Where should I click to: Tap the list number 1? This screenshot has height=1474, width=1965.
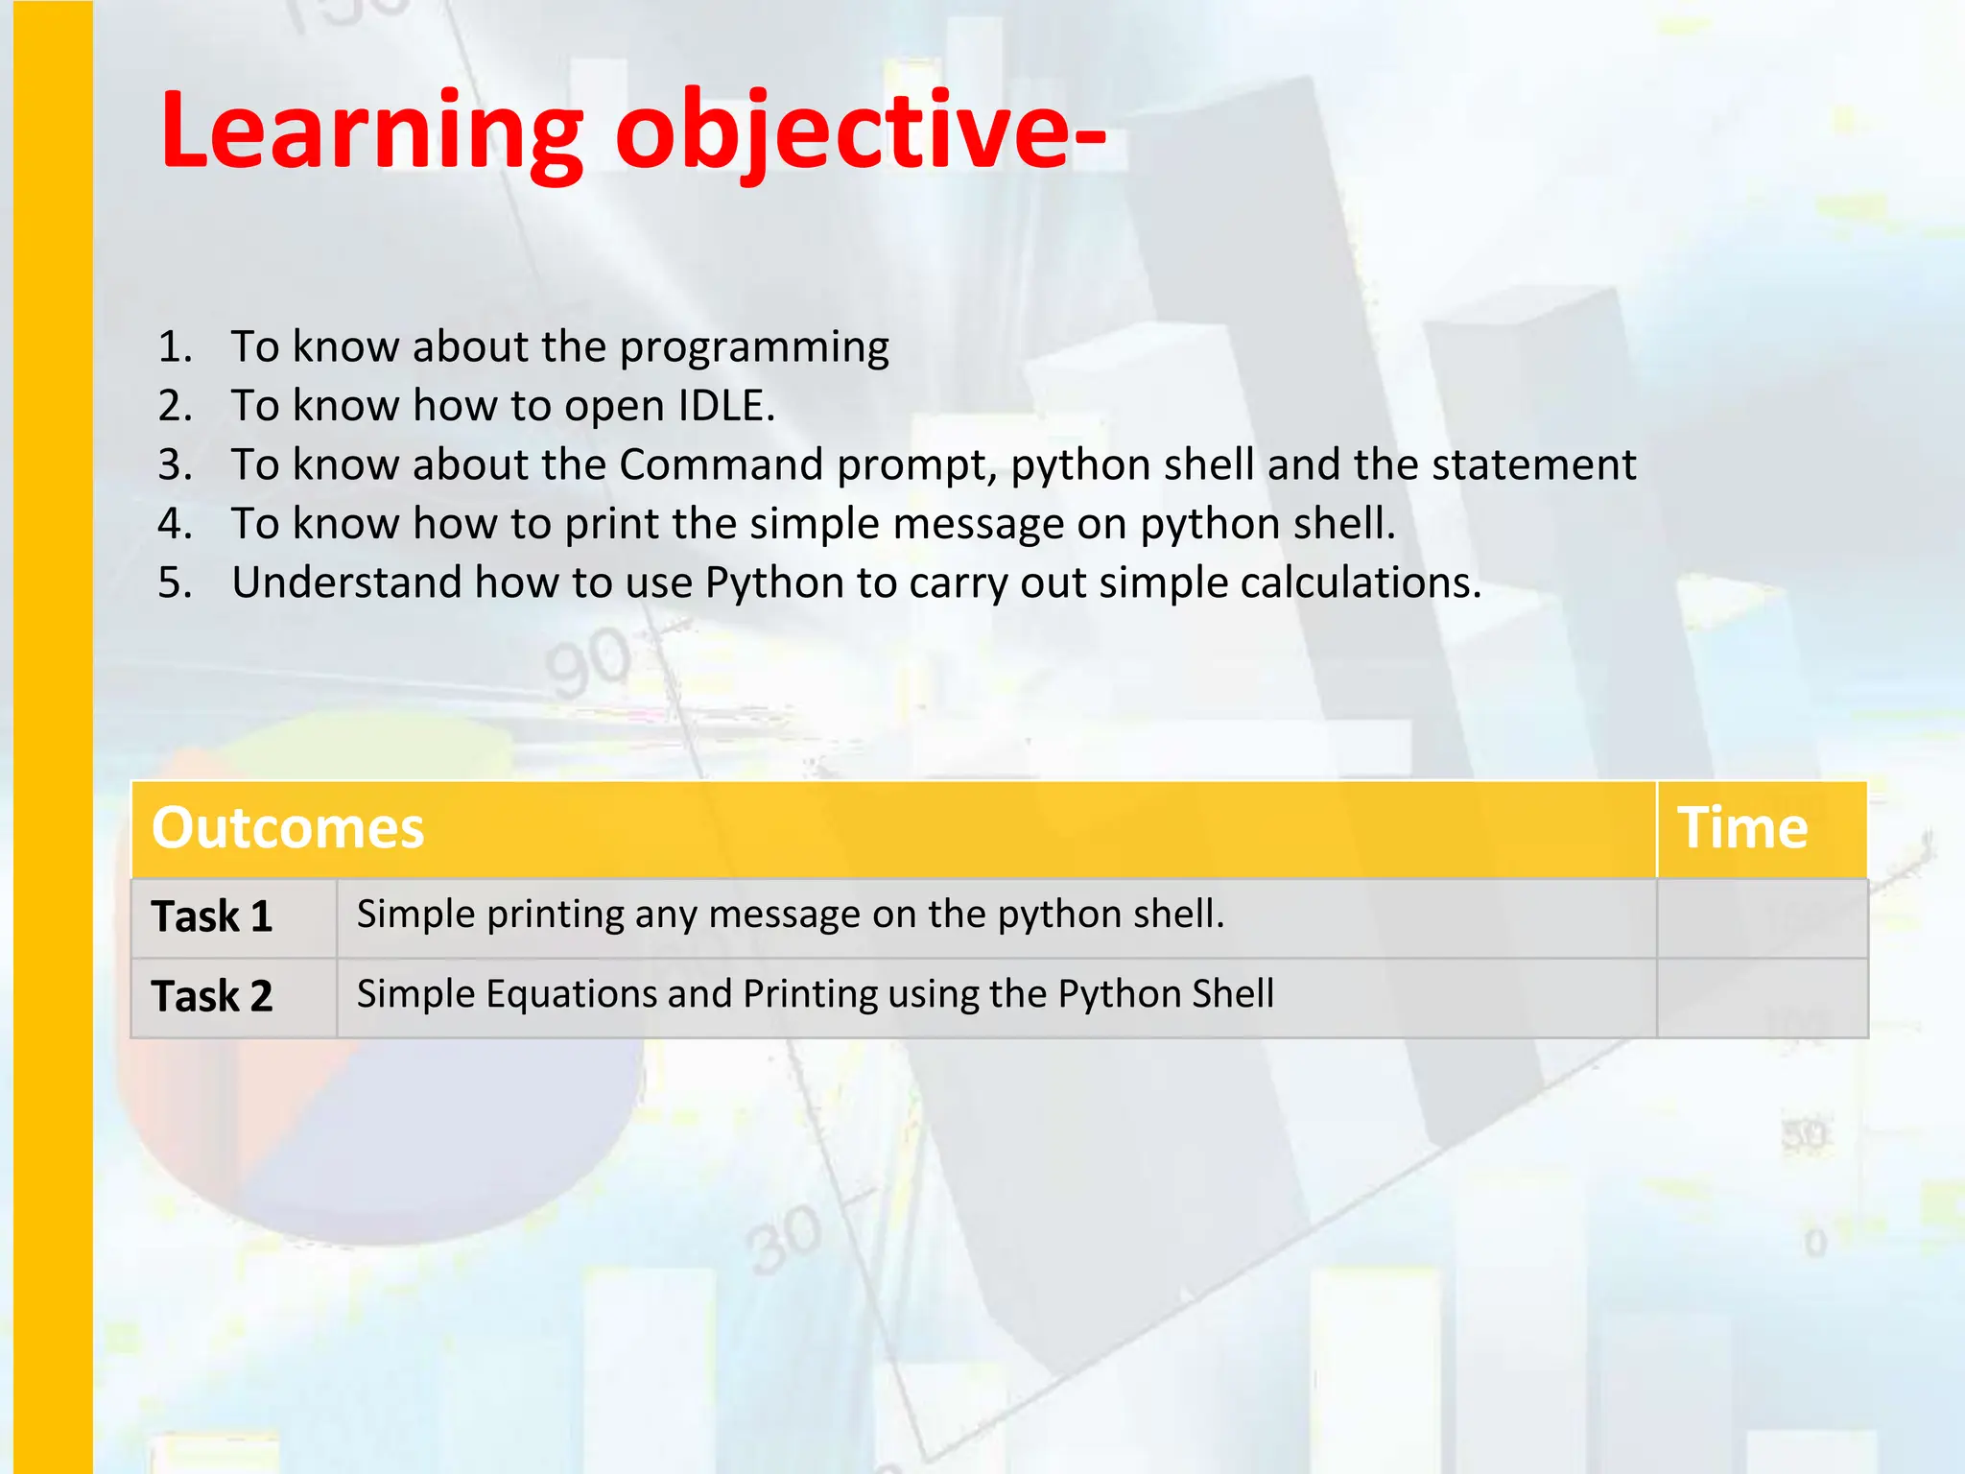174,346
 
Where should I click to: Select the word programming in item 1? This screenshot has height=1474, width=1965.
753,347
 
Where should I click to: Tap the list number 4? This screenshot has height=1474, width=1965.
174,524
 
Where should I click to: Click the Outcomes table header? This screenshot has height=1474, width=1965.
288,827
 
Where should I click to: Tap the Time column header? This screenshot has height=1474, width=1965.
1741,827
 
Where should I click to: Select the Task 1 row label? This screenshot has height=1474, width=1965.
212,916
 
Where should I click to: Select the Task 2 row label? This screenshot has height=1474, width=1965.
212,996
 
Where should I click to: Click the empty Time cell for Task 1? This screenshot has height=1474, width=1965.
1762,917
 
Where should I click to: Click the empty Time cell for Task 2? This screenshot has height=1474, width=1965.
1762,997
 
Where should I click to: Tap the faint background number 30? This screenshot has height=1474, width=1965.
785,1240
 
